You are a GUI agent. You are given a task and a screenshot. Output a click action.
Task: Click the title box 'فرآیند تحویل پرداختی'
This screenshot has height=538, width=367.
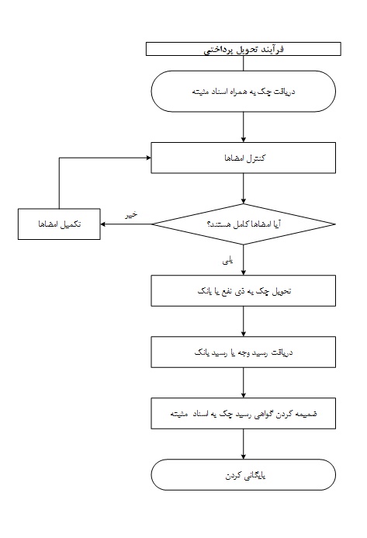pyautogui.click(x=243, y=49)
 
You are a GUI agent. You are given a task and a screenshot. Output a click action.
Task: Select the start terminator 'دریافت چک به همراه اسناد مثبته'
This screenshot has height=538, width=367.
pyautogui.click(x=243, y=92)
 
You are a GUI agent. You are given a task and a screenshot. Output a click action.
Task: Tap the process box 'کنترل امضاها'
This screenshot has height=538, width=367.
pyautogui.click(x=243, y=158)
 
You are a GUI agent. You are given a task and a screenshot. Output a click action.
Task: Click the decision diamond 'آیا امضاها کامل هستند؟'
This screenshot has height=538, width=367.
pyautogui.click(x=243, y=224)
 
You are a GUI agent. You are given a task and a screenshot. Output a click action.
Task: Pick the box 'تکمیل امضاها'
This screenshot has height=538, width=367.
pyautogui.click(x=59, y=224)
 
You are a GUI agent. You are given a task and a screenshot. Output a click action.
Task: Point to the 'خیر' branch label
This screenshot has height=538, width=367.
pyautogui.click(x=131, y=215)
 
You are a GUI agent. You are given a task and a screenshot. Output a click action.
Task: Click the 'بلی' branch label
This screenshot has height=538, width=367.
pyautogui.click(x=228, y=262)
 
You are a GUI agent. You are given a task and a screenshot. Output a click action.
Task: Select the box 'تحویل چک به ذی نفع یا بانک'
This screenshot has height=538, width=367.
pyautogui.click(x=243, y=290)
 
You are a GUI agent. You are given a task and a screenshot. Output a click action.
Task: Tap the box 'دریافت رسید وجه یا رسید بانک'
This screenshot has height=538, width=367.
pyautogui.click(x=243, y=352)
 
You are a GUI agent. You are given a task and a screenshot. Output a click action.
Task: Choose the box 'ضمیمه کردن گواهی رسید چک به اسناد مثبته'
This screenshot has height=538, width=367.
pyautogui.click(x=243, y=414)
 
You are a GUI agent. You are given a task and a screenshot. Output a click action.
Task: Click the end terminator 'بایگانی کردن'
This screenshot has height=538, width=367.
pyautogui.click(x=243, y=475)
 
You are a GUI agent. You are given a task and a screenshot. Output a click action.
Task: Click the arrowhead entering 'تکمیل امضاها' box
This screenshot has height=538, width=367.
pyautogui.click(x=103, y=224)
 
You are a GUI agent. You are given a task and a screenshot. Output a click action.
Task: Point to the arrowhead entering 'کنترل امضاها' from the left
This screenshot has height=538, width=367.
pyautogui.click(x=148, y=158)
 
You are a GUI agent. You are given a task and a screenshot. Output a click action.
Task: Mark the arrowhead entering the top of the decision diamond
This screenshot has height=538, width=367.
pyautogui.click(x=243, y=201)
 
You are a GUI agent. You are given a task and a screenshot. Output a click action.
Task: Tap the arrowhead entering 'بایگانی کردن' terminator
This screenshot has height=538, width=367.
pyautogui.click(x=243, y=457)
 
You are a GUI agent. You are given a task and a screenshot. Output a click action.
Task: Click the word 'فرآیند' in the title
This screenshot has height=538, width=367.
pyautogui.click(x=275, y=49)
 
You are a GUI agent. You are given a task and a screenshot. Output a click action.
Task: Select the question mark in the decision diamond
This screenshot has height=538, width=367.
pyautogui.click(x=209, y=224)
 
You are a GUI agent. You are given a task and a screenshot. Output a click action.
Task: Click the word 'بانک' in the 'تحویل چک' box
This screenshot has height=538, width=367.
pyautogui.click(x=204, y=291)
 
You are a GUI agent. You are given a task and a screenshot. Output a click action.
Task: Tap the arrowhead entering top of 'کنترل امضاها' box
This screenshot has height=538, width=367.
pyautogui.click(x=243, y=140)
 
